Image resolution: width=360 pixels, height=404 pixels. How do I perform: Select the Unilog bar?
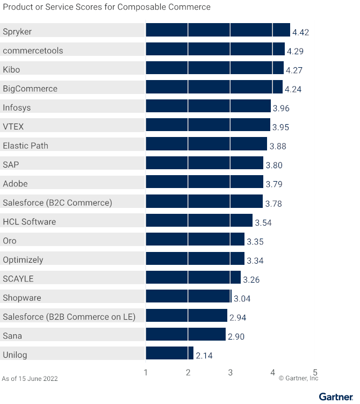(x=169, y=353)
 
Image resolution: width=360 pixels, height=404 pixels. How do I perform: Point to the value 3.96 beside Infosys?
(x=281, y=109)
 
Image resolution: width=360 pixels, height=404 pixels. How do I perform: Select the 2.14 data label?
(x=205, y=356)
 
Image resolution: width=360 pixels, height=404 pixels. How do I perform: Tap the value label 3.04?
(x=242, y=299)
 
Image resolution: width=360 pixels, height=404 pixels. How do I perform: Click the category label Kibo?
(x=11, y=70)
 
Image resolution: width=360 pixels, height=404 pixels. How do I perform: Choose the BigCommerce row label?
(x=30, y=89)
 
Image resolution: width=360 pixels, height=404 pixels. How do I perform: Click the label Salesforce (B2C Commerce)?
(x=57, y=203)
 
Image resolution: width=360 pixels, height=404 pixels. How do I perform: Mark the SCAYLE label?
(x=18, y=279)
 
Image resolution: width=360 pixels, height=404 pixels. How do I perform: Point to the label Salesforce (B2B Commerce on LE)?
(x=69, y=316)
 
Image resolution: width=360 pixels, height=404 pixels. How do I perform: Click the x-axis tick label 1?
(x=146, y=372)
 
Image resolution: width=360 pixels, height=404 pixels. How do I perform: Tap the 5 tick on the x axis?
(x=315, y=372)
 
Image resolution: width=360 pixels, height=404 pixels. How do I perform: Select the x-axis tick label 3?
(x=231, y=372)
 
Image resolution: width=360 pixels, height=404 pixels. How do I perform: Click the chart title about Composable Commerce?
(x=106, y=7)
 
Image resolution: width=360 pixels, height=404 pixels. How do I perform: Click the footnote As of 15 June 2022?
(x=30, y=379)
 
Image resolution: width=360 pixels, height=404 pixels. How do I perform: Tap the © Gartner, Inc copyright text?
(x=298, y=378)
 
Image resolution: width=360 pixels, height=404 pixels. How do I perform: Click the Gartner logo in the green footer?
(x=336, y=397)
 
